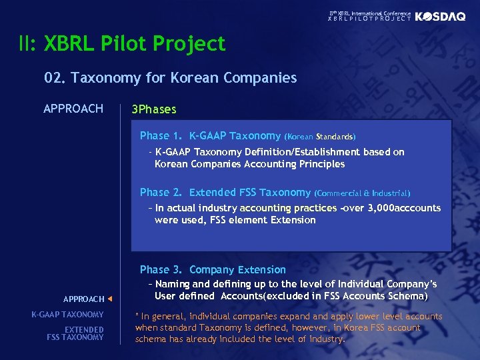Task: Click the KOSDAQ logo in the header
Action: click(x=441, y=17)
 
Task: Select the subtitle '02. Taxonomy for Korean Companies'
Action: click(x=171, y=78)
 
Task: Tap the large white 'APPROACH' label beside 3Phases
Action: click(x=73, y=109)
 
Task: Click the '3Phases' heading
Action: click(x=154, y=109)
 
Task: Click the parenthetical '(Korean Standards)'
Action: click(x=320, y=137)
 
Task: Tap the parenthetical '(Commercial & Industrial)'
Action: click(x=362, y=193)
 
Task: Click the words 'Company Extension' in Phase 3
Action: click(x=237, y=270)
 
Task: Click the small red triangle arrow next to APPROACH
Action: click(x=109, y=299)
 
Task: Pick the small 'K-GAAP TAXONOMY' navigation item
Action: click(x=67, y=315)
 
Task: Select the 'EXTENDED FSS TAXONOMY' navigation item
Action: click(x=75, y=333)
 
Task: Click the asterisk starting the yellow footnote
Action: click(x=137, y=316)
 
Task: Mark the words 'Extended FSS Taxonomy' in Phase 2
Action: click(x=250, y=193)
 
